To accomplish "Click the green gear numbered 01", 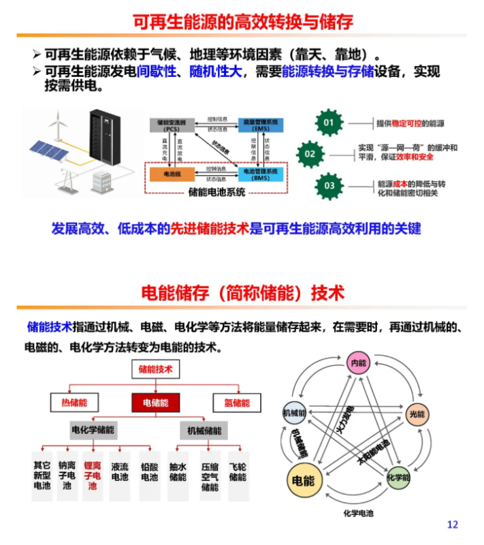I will [329, 123].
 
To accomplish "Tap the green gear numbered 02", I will [310, 154].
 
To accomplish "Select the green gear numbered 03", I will [329, 185].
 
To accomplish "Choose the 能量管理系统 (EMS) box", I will [261, 125].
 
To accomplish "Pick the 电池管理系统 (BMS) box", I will [261, 174].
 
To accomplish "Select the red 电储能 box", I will [156, 403].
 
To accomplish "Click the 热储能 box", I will [74, 403].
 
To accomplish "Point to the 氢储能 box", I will [237, 403].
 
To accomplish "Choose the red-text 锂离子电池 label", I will [92, 476].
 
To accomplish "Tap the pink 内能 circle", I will [358, 363].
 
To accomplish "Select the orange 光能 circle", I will [416, 414].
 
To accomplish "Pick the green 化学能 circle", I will [399, 478].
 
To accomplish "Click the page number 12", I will [453, 524].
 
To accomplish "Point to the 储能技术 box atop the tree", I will [156, 369].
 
